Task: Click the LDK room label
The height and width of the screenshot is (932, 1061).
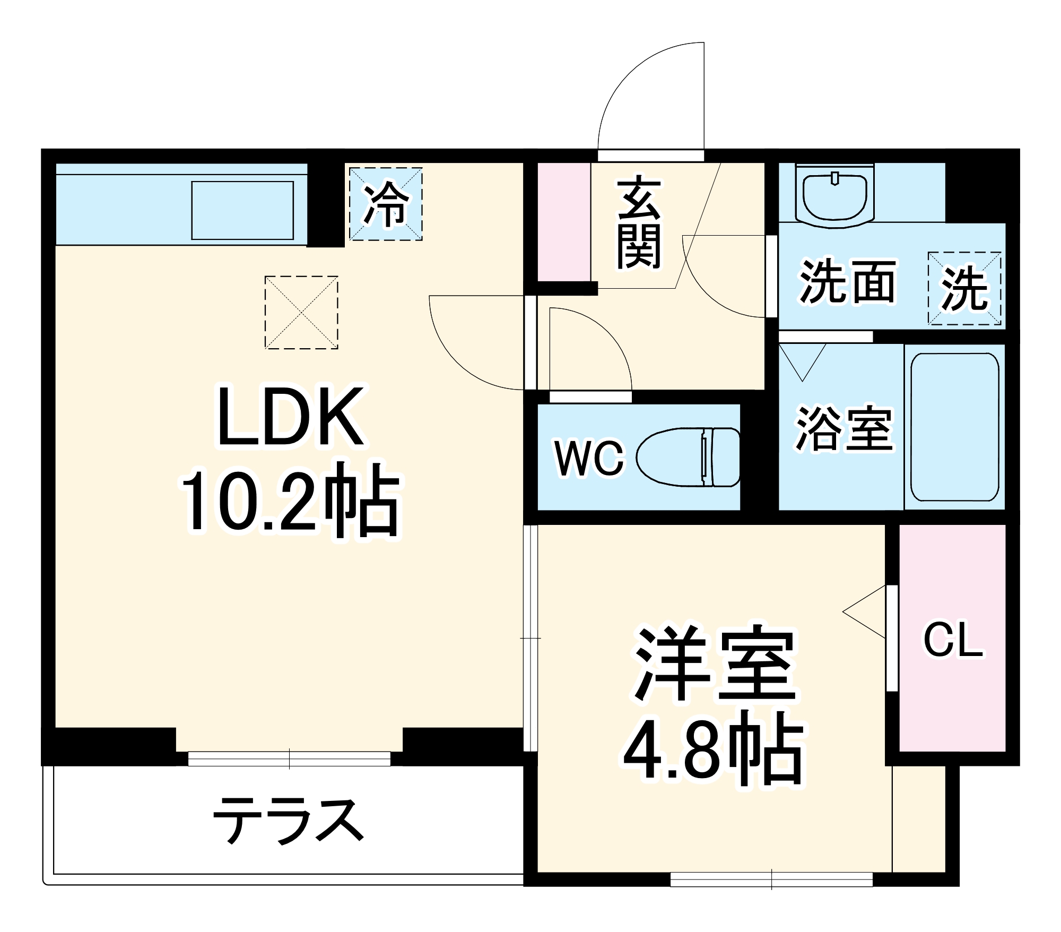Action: point(291,417)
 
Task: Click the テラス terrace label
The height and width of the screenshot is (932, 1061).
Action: point(289,821)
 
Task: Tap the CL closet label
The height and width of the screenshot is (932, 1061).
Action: point(953,640)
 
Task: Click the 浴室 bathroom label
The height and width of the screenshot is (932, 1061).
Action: point(843,428)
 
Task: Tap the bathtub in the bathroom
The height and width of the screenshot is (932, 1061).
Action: point(954,427)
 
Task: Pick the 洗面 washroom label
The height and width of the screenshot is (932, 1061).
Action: point(847,282)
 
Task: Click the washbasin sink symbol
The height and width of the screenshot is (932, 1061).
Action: point(834,195)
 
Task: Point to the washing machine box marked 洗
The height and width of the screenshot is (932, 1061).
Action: point(964,288)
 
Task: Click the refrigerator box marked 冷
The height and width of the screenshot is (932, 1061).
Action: point(386,204)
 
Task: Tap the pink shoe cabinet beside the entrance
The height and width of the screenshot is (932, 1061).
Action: point(564,221)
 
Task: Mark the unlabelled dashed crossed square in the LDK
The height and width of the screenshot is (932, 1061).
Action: point(301,312)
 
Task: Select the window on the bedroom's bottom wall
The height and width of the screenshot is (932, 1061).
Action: point(771,879)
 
